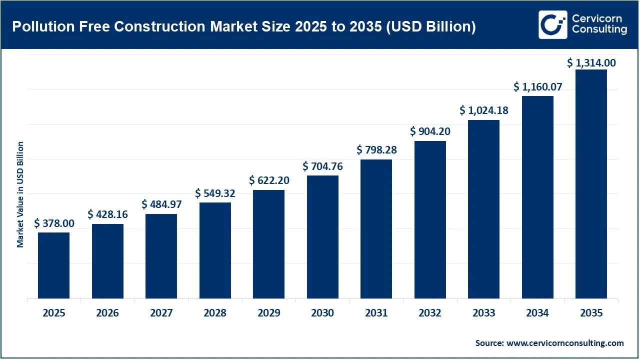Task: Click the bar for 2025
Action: click(53, 265)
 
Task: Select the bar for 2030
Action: click(322, 237)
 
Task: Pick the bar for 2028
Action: click(215, 250)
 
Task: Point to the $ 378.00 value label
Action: click(53, 223)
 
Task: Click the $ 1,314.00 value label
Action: click(591, 63)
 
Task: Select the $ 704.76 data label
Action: click(322, 166)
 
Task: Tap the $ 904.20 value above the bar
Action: click(430, 131)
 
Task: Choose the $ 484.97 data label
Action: click(161, 204)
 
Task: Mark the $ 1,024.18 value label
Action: click(483, 110)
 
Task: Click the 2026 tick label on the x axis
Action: click(107, 313)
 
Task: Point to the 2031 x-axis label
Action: click(376, 313)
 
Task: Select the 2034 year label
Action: click(537, 313)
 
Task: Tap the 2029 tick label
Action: click(268, 313)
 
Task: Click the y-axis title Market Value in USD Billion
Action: click(20, 194)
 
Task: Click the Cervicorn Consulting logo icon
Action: click(552, 24)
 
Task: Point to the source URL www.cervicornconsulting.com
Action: click(564, 343)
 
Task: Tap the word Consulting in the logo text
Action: click(598, 30)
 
